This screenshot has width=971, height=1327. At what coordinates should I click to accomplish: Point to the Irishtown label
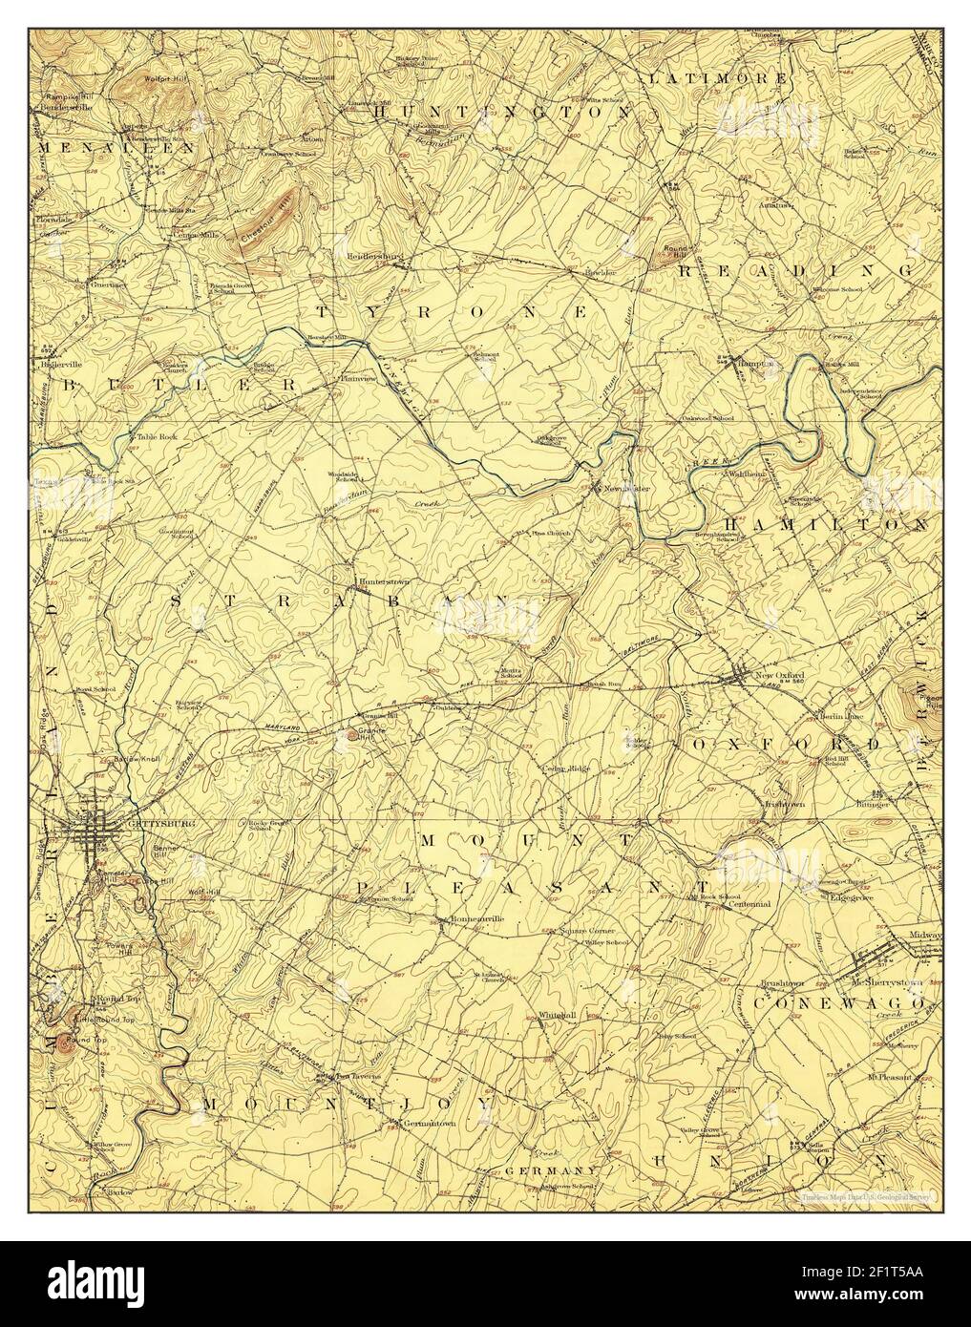[x=785, y=804]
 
